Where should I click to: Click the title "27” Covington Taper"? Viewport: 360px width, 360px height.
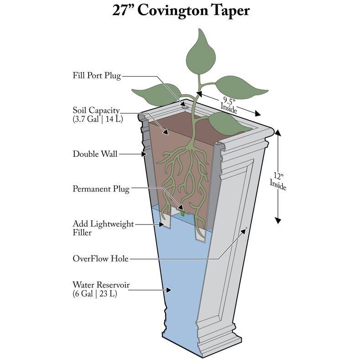click(x=181, y=10)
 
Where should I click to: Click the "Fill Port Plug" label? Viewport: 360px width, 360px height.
click(x=97, y=75)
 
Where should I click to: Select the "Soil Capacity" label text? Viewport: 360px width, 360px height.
click(x=96, y=110)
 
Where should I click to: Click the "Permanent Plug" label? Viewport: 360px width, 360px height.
click(x=101, y=188)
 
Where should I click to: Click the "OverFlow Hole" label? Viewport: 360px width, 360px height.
click(x=100, y=259)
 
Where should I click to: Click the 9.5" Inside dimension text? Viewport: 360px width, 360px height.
click(x=228, y=103)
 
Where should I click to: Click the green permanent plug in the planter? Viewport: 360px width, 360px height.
click(x=183, y=212)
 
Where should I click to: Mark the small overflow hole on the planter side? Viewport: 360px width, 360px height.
click(x=246, y=227)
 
